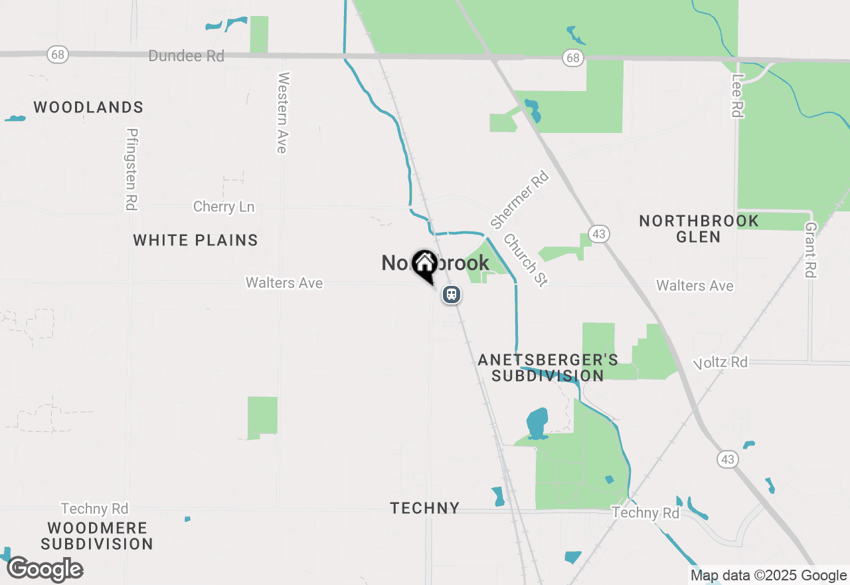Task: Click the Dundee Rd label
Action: tap(186, 56)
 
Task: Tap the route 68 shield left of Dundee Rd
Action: tap(58, 55)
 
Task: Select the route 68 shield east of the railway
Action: tap(572, 58)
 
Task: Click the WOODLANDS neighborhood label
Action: tap(88, 108)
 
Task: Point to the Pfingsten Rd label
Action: tap(131, 170)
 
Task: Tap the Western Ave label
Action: tap(283, 112)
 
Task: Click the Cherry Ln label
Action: tap(224, 207)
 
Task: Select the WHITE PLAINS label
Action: tap(195, 240)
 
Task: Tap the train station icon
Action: tap(452, 294)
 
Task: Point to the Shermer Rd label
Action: tap(519, 199)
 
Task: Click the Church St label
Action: tap(525, 260)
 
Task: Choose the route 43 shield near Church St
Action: tap(599, 234)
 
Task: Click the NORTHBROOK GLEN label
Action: tap(699, 229)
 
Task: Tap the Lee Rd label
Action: tap(736, 96)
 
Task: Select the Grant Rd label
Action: tap(809, 249)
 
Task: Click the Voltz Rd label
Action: tap(721, 362)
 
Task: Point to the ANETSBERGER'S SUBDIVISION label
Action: tap(548, 368)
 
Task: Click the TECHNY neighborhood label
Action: tap(425, 508)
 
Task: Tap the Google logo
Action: tap(45, 569)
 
